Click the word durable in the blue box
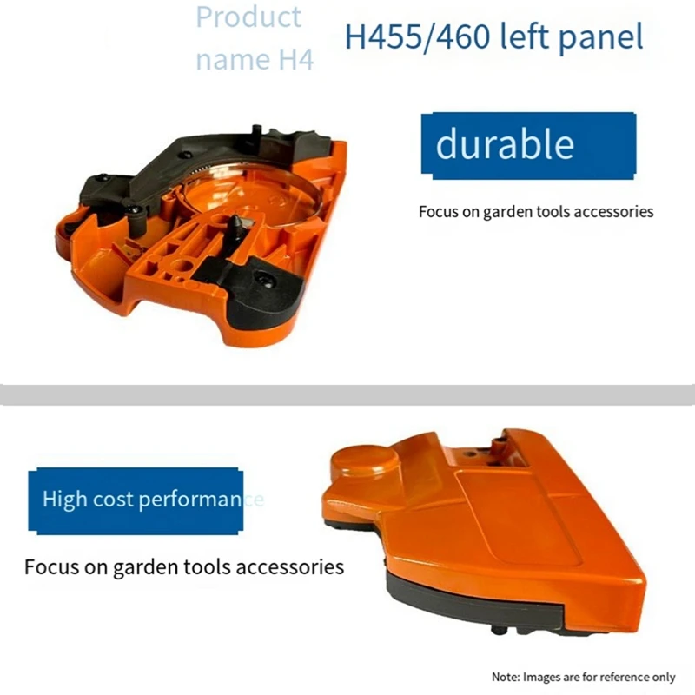[x=504, y=145]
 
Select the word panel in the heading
[x=599, y=37]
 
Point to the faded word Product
[x=248, y=17]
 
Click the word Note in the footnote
[x=506, y=677]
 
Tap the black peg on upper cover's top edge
[x=256, y=129]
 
